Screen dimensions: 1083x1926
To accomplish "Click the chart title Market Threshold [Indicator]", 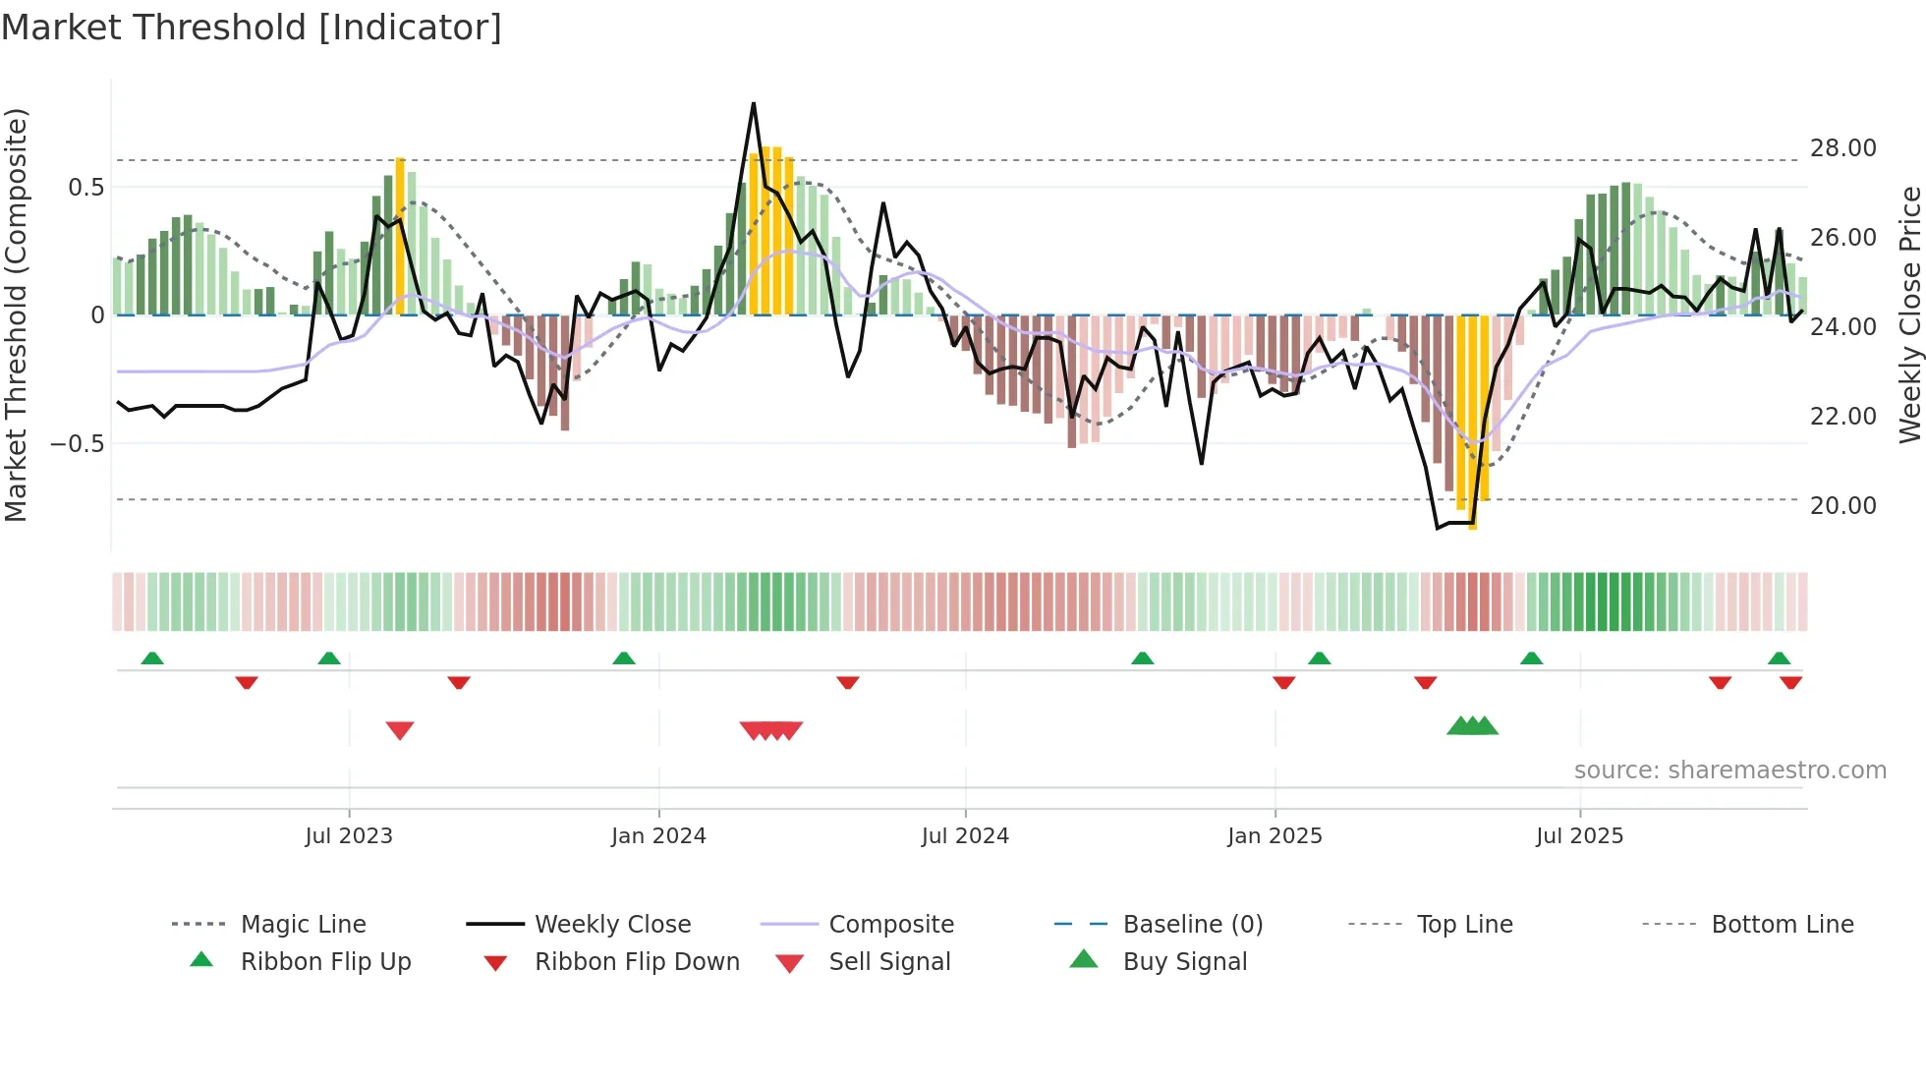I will (252, 28).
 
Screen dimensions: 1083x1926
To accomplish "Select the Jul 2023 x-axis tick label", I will (349, 836).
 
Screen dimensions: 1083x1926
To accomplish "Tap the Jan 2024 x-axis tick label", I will (658, 836).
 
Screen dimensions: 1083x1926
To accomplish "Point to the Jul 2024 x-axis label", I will (965, 836).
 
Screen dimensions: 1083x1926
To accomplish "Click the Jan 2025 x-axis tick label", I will (1275, 836).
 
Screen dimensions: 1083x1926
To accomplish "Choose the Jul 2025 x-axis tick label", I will (1580, 836).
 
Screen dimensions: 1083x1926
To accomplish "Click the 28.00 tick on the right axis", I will (1842, 148).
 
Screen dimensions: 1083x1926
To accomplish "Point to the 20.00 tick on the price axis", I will (1842, 506).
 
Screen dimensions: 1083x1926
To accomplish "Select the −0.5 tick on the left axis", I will (78, 444).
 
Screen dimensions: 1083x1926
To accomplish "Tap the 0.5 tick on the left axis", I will (85, 188).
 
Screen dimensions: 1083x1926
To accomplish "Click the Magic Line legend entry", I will (303, 925).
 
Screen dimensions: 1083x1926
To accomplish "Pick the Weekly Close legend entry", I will (612, 925).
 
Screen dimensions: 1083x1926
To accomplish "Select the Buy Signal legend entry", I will (1184, 962).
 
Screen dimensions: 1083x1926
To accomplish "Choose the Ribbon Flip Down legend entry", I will (636, 962).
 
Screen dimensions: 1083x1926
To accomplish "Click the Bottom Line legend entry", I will (1782, 925).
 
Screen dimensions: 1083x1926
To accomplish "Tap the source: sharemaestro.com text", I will (1729, 770).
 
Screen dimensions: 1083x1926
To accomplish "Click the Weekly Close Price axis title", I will (1909, 314).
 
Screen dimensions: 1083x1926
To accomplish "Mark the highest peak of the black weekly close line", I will (754, 103).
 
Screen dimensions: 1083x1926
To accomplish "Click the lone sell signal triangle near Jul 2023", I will (400, 730).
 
